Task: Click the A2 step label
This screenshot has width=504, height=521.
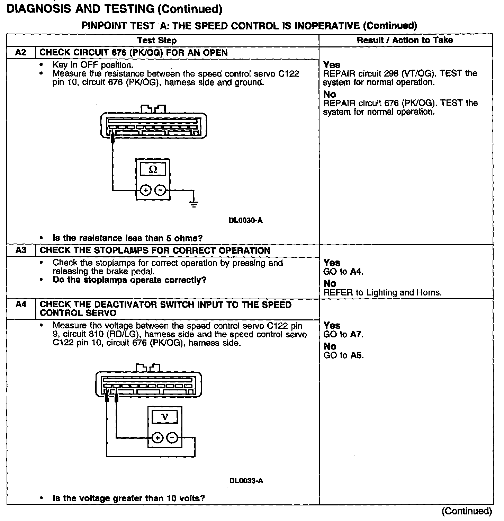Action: point(21,53)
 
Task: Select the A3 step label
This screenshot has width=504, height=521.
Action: point(21,250)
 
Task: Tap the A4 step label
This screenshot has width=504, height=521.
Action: point(21,304)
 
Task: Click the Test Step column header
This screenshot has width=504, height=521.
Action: point(157,40)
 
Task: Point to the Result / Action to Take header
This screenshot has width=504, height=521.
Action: point(405,40)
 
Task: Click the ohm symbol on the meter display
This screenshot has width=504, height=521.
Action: point(152,170)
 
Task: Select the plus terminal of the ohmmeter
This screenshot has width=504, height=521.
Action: point(146,190)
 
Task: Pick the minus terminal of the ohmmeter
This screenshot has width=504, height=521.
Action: point(160,190)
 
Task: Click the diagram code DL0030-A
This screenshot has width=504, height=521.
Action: point(246,220)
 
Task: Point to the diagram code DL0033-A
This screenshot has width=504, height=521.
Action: point(246,481)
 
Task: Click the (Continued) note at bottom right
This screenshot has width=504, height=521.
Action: point(467,511)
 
